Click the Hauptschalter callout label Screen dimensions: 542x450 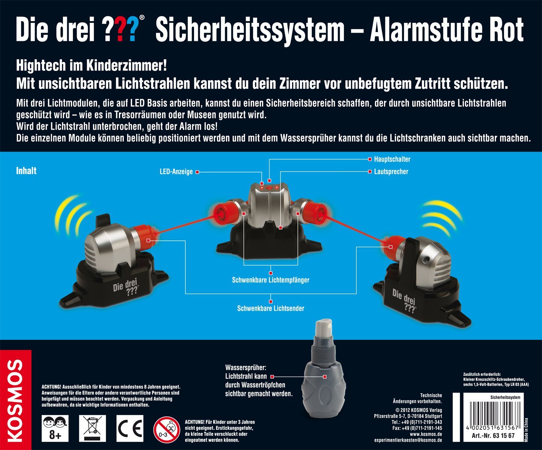[x=392, y=159]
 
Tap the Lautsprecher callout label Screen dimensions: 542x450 [x=391, y=171]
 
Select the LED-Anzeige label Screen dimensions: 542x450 [x=176, y=172]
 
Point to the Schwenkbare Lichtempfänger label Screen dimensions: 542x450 [x=271, y=280]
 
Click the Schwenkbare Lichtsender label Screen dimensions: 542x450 [x=271, y=308]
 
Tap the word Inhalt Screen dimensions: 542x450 [x=26, y=171]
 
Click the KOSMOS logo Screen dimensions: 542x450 [x=15, y=400]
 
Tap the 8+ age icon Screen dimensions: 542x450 [x=55, y=428]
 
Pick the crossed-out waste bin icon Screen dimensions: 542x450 [x=92, y=428]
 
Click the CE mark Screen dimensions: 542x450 [x=130, y=428]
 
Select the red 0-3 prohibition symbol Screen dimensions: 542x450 [x=167, y=429]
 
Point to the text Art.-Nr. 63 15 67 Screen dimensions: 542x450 [x=493, y=435]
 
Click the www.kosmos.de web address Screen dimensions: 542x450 [x=426, y=434]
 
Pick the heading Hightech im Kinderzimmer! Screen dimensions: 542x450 [x=91, y=66]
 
